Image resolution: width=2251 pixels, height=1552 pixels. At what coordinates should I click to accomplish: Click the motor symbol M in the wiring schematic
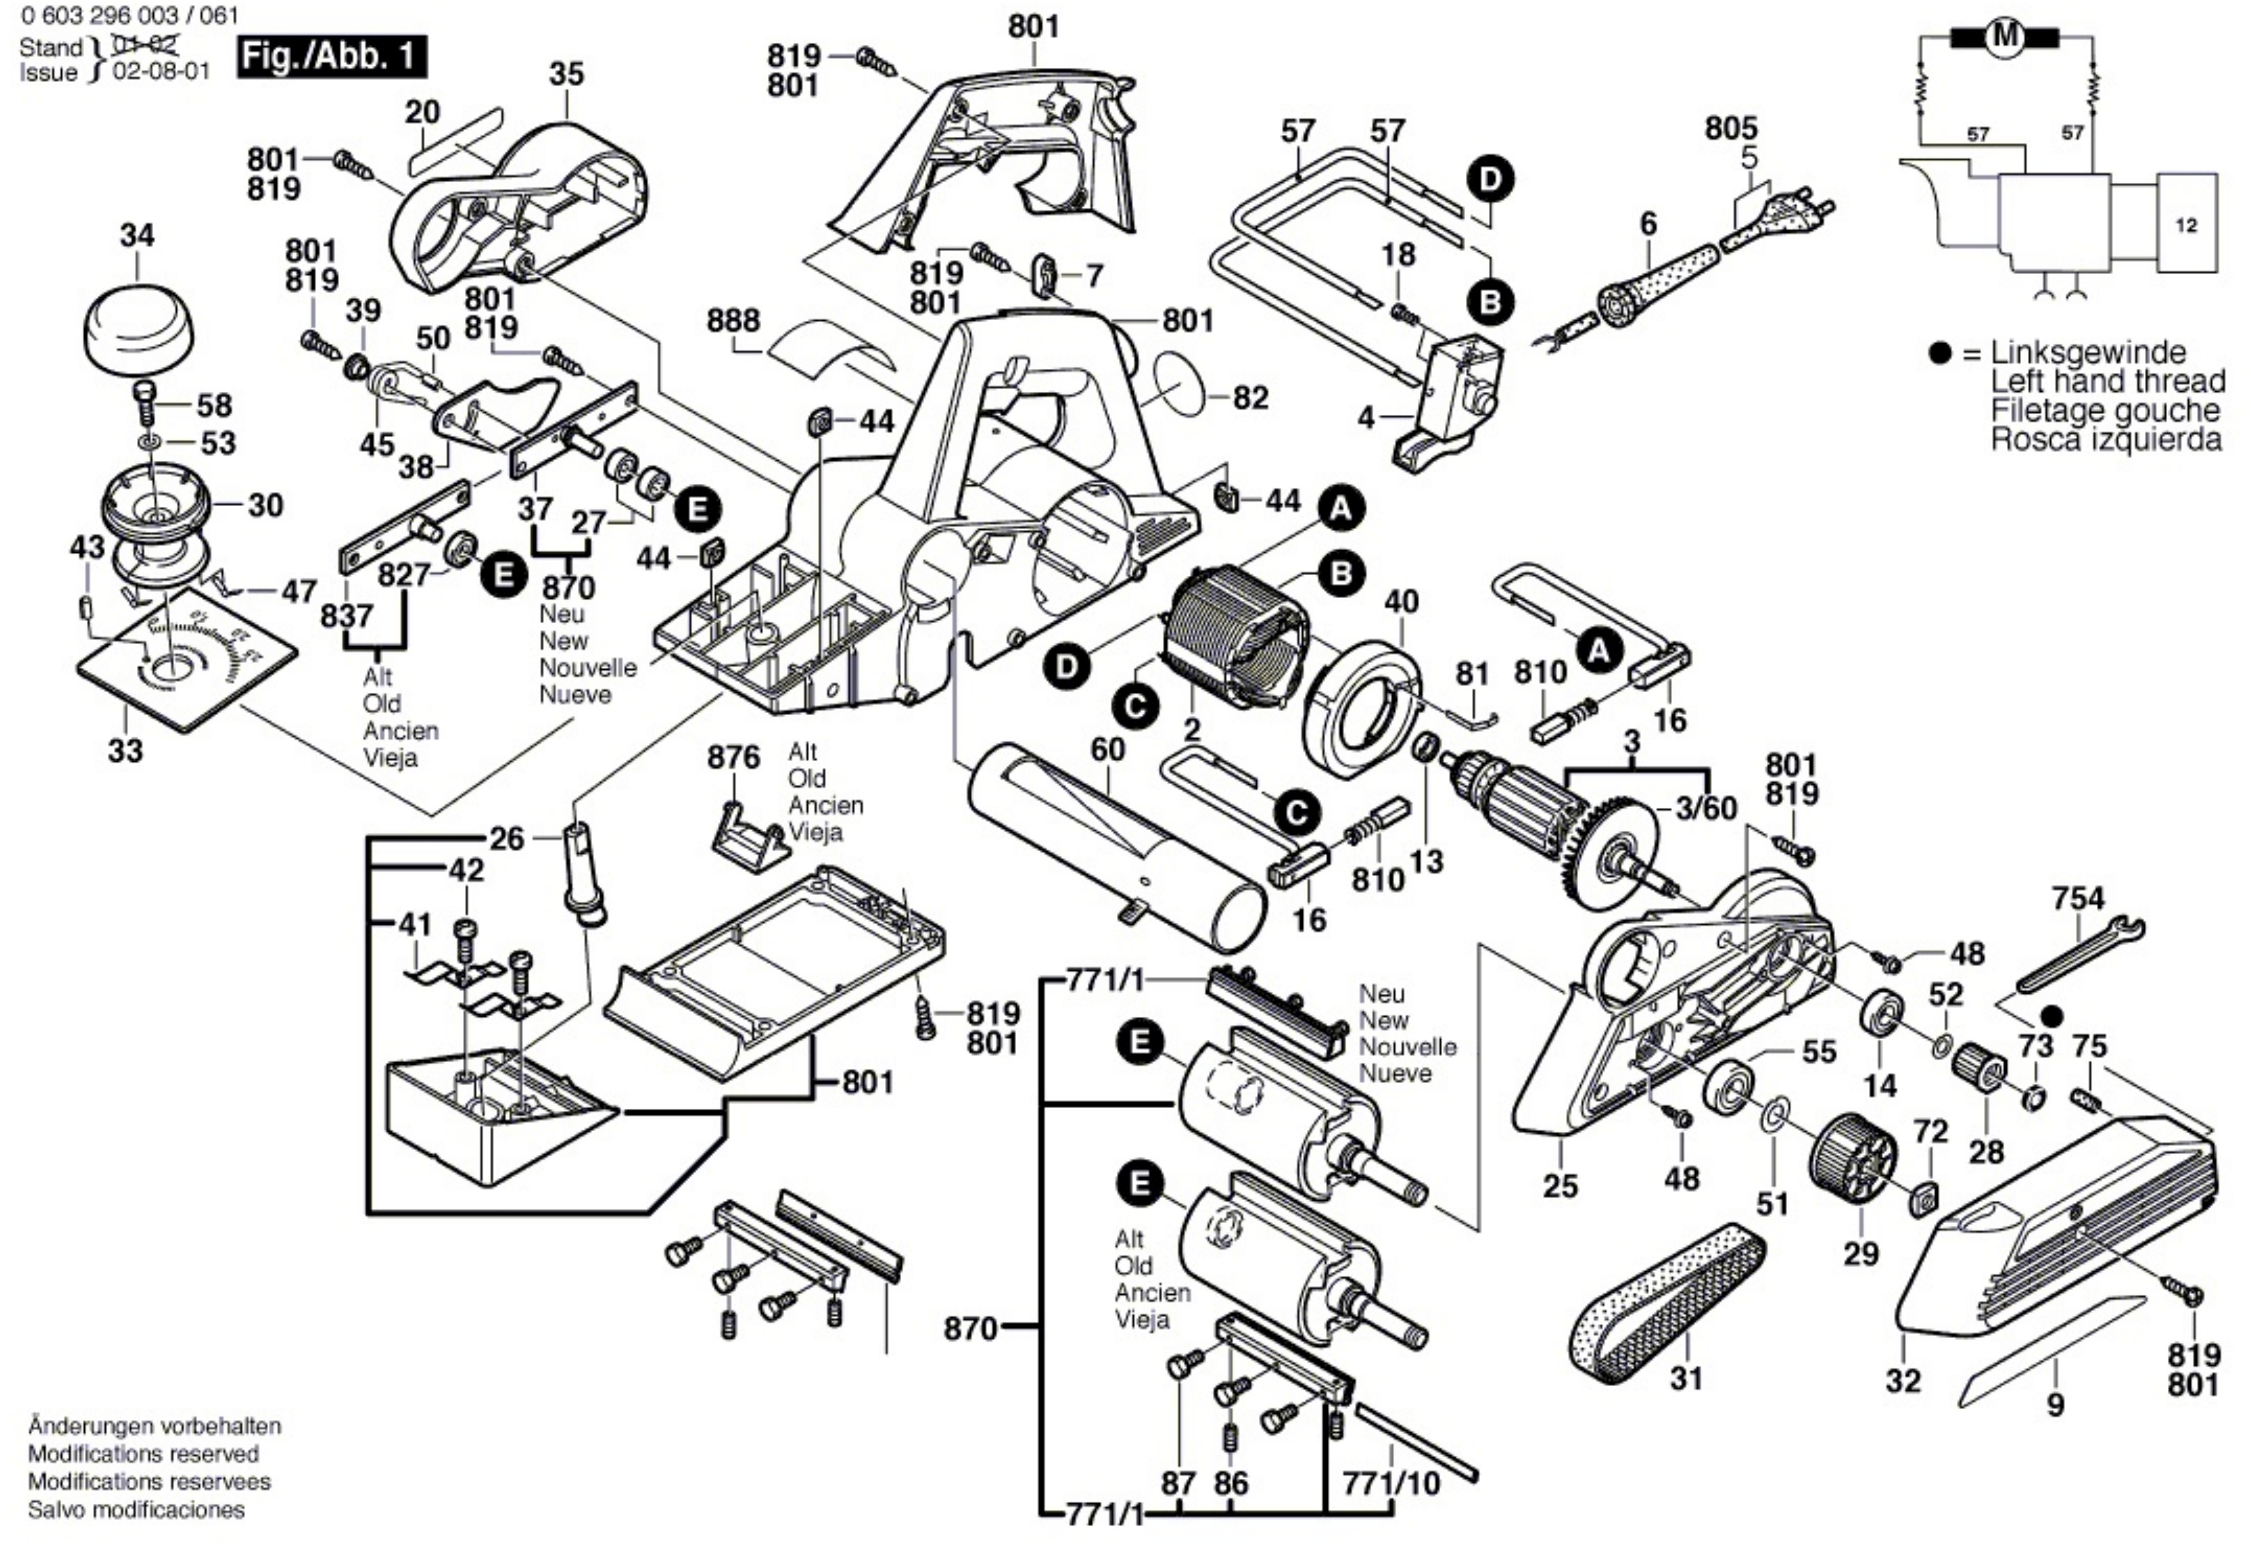click(2004, 38)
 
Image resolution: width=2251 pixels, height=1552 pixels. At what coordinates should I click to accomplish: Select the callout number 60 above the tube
click(1107, 750)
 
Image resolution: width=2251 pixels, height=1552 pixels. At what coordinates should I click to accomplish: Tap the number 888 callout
click(734, 321)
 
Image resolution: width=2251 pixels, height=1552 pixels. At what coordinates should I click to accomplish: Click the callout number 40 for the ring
click(1401, 602)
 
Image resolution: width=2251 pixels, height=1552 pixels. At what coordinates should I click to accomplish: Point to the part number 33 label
click(125, 751)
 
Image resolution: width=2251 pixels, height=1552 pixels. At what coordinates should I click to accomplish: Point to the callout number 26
click(506, 838)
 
